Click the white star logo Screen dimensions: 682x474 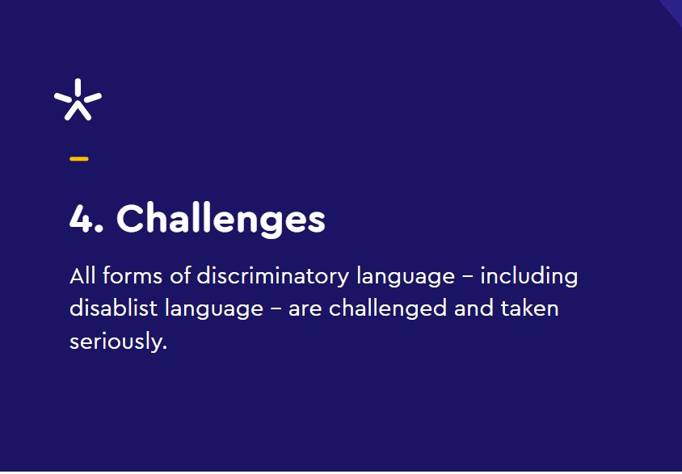tap(78, 99)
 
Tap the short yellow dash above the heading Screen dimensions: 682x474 tap(79, 159)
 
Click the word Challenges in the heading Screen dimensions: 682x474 tap(221, 220)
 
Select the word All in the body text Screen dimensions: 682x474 tap(82, 275)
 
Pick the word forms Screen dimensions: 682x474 tap(133, 275)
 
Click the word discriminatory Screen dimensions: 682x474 tap(272, 277)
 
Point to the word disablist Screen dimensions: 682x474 tap(113, 308)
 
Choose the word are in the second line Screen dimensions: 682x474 tap(305, 310)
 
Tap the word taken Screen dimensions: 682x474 tap(529, 308)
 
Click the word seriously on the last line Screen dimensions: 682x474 tap(118, 342)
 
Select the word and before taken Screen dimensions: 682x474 tap(474, 308)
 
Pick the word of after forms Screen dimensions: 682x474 tap(180, 275)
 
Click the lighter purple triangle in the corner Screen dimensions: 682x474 tap(674, 8)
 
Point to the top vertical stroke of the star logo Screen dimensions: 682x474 tap(78, 87)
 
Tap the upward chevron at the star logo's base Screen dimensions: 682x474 tap(78, 111)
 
